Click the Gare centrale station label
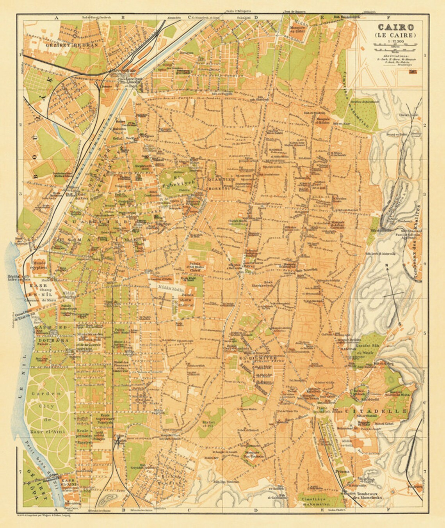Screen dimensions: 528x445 click(123, 71)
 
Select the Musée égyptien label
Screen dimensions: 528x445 click(40, 265)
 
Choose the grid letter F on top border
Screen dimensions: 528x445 click(389, 18)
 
